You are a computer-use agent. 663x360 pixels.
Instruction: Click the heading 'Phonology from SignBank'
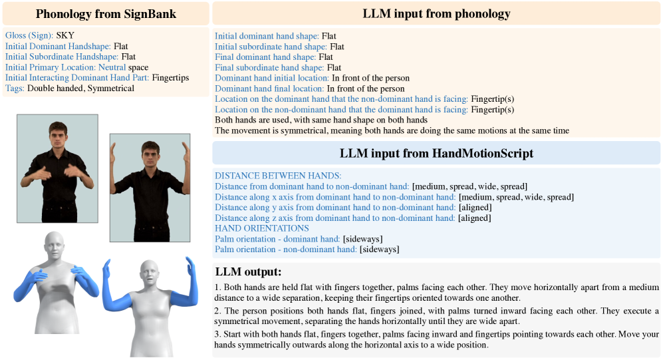[x=104, y=13]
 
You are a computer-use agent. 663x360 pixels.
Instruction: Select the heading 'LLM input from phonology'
[x=436, y=13]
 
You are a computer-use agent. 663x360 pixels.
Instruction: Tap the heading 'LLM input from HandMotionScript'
[x=436, y=153]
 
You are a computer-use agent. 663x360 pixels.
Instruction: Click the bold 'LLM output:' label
[x=248, y=271]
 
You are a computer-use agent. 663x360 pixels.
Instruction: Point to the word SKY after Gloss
[x=65, y=35]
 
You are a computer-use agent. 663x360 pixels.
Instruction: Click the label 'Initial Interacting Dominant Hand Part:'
[x=77, y=78]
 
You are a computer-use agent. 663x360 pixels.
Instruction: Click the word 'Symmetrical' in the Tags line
[x=111, y=89]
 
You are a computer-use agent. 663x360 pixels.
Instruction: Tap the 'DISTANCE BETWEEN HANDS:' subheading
[x=277, y=176]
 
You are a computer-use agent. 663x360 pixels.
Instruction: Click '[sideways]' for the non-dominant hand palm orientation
[x=379, y=250]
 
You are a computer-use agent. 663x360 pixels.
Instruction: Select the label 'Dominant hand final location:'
[x=269, y=89]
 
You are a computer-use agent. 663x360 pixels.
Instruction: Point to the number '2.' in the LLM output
[x=218, y=311]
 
